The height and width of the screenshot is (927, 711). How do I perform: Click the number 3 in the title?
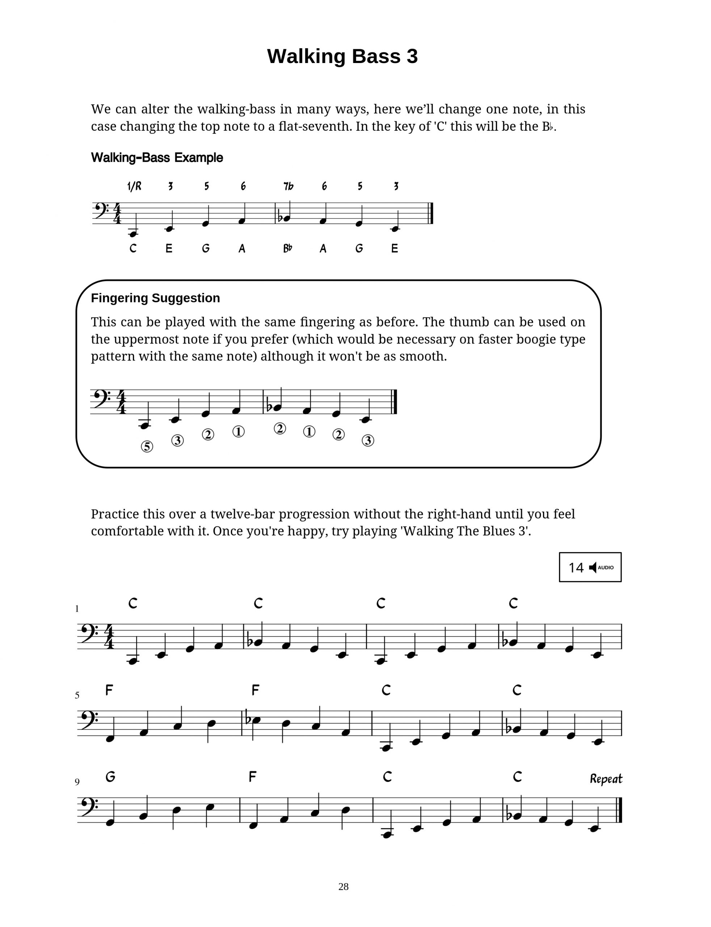tap(411, 56)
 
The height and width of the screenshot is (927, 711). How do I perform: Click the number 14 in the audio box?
tap(576, 568)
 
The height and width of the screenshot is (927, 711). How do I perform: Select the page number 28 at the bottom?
tap(343, 886)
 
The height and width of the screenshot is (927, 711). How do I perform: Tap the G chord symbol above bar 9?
tap(110, 776)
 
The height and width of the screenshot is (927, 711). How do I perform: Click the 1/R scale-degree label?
tap(134, 186)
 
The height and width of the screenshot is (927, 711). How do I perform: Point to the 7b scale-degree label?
tap(288, 186)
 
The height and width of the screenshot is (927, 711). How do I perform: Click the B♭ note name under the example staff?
tap(287, 248)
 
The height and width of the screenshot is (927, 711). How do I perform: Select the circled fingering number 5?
tap(147, 446)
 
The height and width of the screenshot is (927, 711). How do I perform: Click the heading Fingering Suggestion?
tap(155, 298)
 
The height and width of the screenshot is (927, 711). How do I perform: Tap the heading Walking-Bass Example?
tap(157, 158)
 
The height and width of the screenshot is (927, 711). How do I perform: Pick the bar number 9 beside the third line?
tap(77, 782)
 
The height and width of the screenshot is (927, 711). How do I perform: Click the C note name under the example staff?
tap(133, 248)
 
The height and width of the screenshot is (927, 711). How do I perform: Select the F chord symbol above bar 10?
tap(252, 776)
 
